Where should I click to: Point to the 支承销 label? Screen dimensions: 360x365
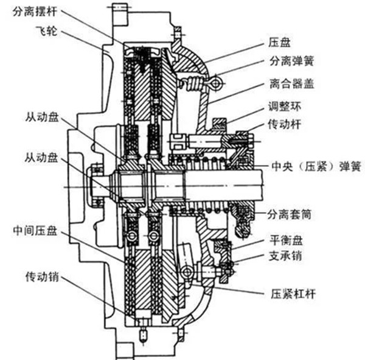(283, 257)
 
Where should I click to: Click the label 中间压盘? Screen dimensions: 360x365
(35, 232)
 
